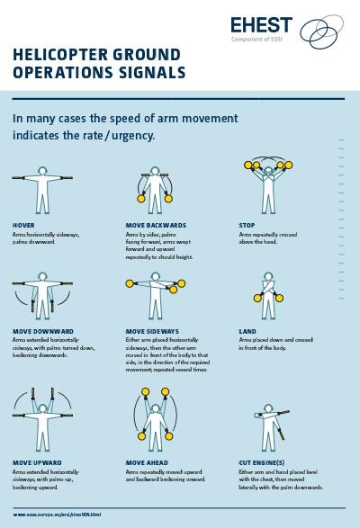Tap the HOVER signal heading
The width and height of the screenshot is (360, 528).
click(23, 224)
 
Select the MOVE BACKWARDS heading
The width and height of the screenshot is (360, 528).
click(156, 224)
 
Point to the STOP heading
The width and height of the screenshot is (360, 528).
click(247, 224)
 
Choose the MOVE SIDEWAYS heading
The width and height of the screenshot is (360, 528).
click(155, 330)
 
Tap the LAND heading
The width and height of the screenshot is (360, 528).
click(247, 330)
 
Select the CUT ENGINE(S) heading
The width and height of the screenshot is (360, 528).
click(263, 462)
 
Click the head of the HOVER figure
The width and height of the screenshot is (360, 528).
click(40, 168)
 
